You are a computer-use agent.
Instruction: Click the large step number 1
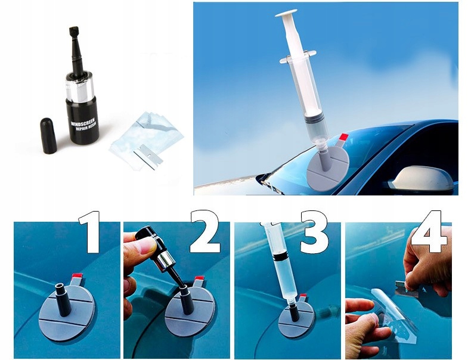tap(90, 232)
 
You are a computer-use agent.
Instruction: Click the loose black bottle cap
tap(48, 136)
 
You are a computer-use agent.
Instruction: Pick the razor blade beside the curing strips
tap(148, 157)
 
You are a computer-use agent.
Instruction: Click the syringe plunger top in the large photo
tap(286, 13)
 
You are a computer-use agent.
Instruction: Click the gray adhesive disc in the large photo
tap(329, 167)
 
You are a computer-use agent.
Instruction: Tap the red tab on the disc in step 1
tap(76, 276)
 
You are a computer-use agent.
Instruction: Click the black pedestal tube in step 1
tap(63, 299)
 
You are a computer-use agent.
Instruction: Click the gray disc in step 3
tap(296, 319)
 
